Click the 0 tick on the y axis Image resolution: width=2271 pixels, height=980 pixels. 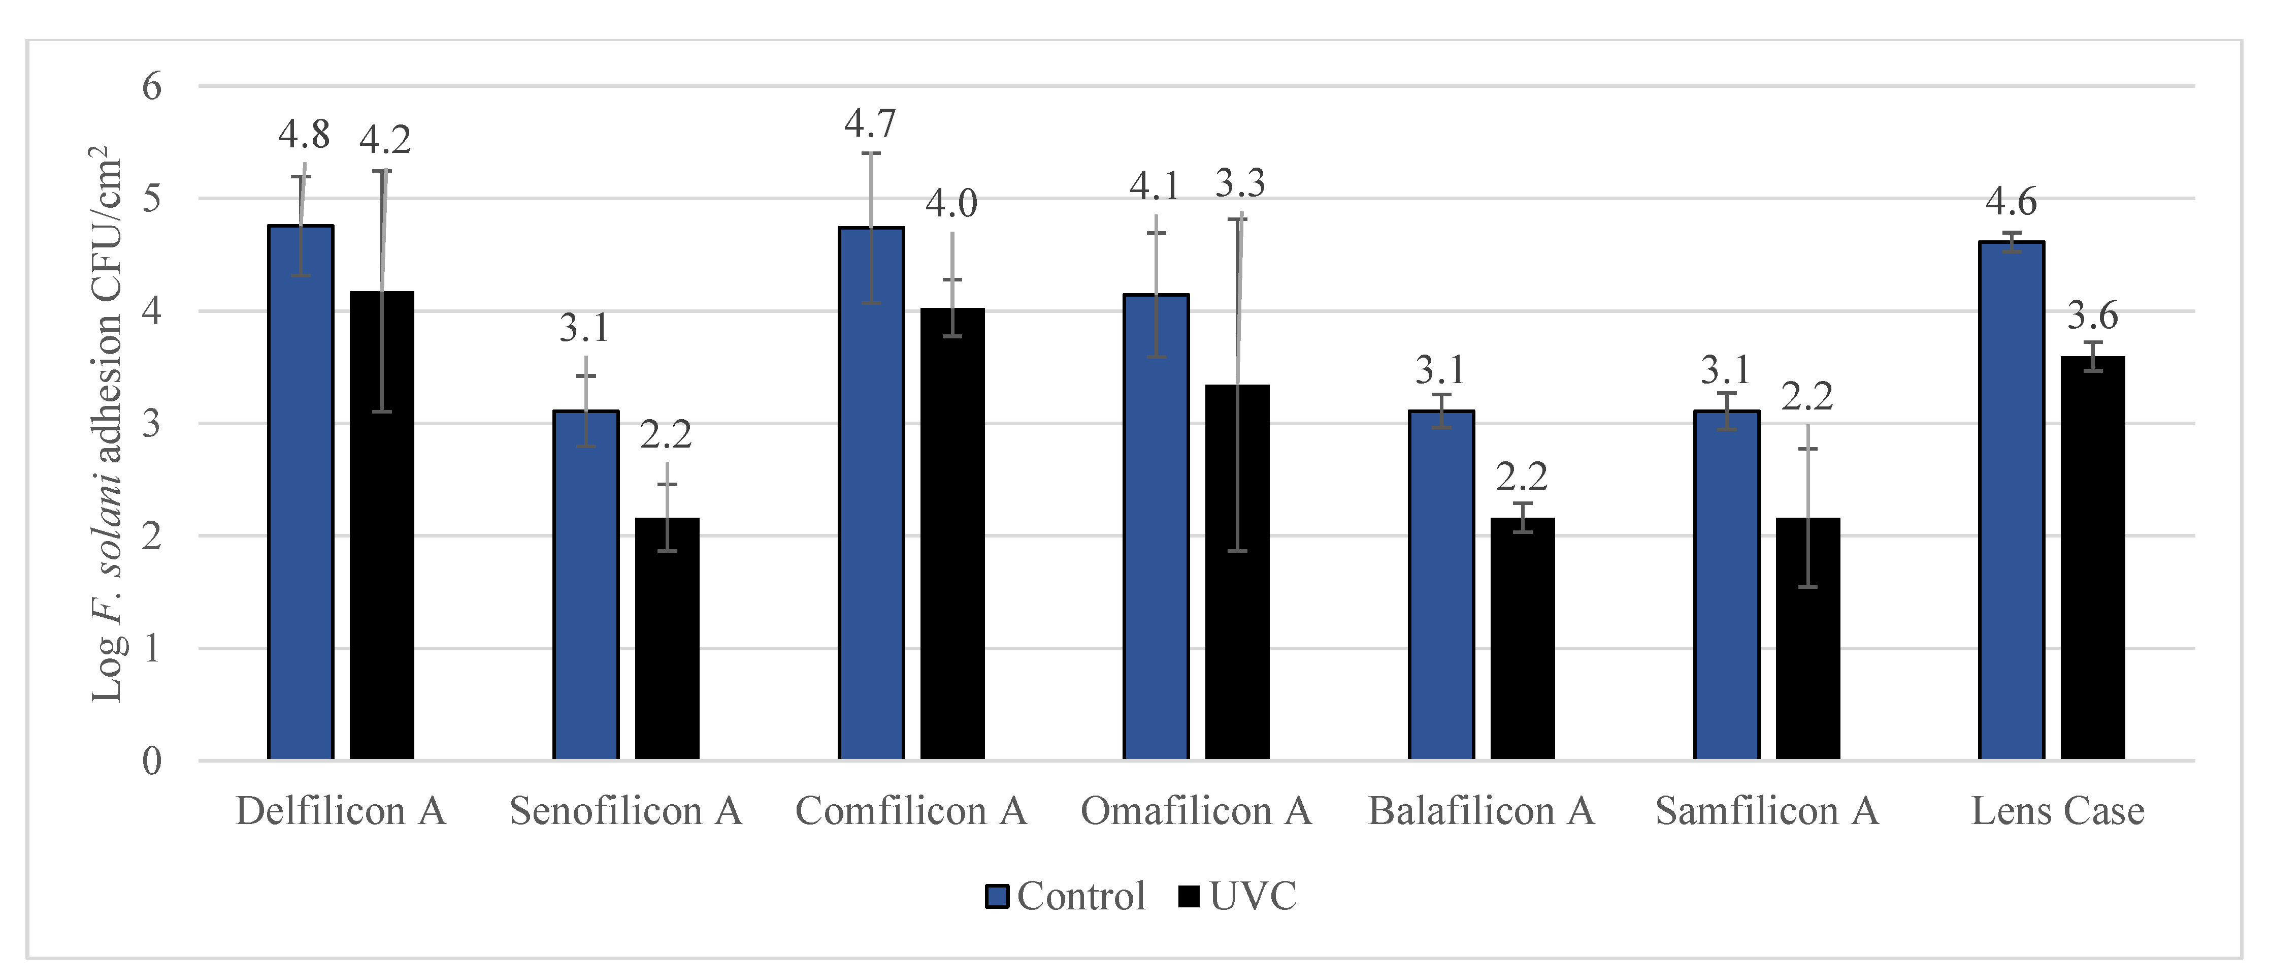tap(152, 761)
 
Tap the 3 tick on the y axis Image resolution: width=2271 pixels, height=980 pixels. tap(152, 423)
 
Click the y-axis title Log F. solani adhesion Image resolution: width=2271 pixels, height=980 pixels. tap(108, 423)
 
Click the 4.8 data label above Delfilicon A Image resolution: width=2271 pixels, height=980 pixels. tap(304, 135)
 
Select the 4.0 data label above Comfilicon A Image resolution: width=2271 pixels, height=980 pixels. tap(951, 204)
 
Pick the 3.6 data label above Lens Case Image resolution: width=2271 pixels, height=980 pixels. tap(2092, 315)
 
